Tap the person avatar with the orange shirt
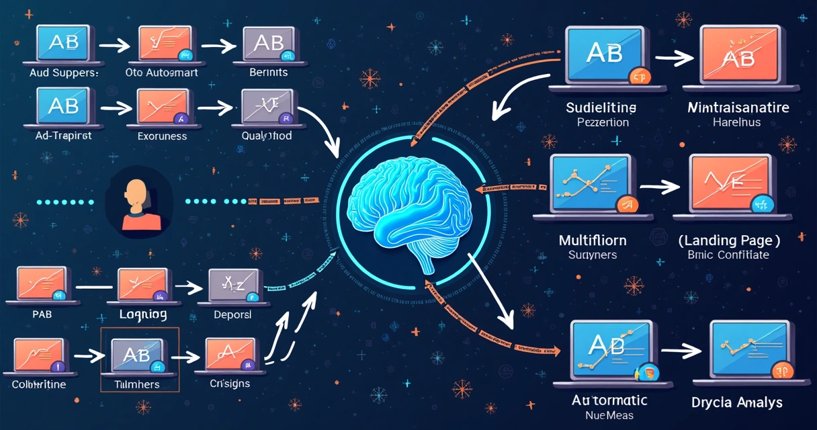(x=138, y=202)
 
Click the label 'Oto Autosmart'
(x=162, y=73)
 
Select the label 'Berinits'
(x=268, y=73)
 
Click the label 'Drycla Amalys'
(x=737, y=402)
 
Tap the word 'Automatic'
(x=609, y=400)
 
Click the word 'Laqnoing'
(x=142, y=314)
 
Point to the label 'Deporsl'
(x=232, y=314)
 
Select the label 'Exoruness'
(x=161, y=135)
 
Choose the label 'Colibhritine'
(x=39, y=385)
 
